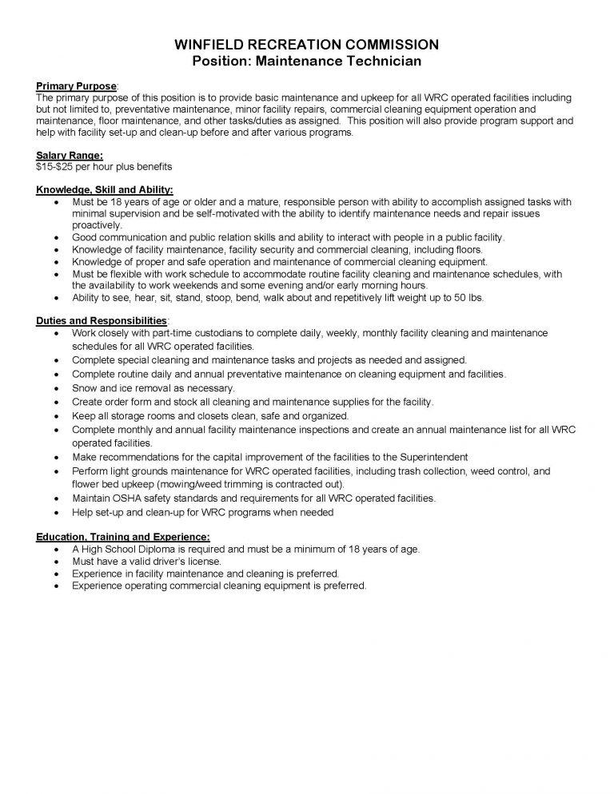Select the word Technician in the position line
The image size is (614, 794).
(x=387, y=60)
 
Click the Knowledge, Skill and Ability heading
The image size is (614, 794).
(x=105, y=191)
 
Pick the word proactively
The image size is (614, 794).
(x=97, y=225)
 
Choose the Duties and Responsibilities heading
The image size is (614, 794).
(x=102, y=320)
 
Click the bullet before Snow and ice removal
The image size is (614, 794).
(x=54, y=388)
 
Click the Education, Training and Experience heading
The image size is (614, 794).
(x=123, y=536)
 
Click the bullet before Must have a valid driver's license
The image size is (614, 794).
(x=54, y=562)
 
